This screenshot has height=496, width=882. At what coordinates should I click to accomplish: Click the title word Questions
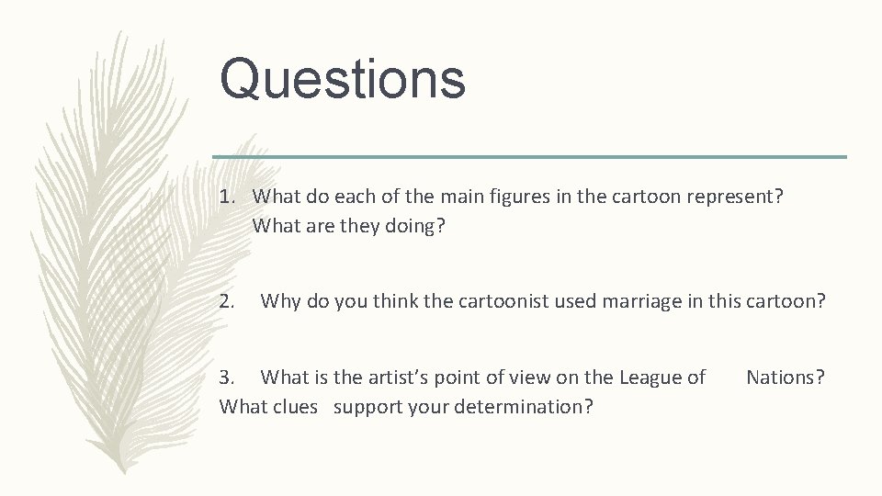[343, 78]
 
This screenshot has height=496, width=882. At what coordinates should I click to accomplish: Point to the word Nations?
[786, 377]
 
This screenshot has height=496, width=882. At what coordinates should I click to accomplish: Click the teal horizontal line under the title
[529, 156]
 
